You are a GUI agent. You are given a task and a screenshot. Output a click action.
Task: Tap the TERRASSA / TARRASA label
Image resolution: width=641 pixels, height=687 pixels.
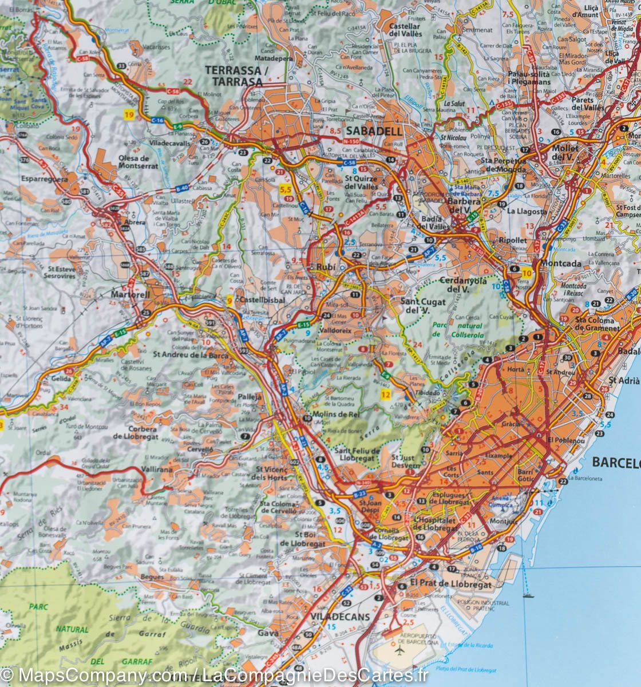[234, 76]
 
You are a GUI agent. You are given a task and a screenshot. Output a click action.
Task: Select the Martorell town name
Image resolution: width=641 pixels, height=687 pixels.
[131, 294]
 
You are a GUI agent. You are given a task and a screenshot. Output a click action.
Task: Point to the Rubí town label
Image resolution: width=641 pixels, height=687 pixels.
[320, 267]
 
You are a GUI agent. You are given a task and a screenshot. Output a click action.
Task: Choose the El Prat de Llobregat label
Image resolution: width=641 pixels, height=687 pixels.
[450, 585]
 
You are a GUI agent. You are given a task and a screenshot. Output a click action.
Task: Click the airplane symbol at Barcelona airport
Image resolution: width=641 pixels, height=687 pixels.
[399, 650]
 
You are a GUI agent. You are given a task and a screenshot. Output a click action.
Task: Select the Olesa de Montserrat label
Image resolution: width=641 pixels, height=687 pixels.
[134, 161]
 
